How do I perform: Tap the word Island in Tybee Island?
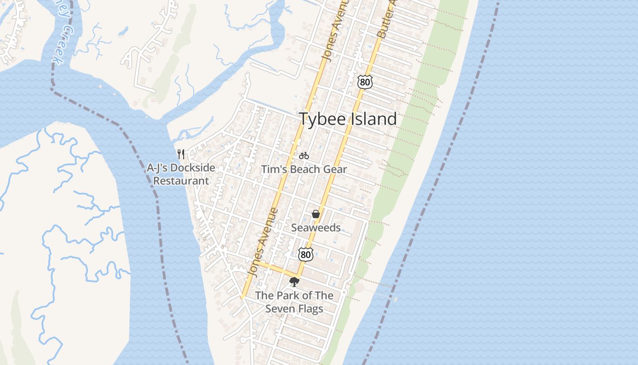[374, 119]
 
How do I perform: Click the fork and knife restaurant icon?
[181, 154]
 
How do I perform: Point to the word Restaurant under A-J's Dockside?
[181, 181]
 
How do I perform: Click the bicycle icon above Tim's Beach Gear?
[304, 156]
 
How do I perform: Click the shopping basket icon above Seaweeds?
[316, 214]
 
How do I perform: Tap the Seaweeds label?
[316, 227]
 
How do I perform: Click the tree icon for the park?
[294, 282]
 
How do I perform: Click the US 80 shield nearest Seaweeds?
[306, 255]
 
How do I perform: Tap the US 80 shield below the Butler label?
[365, 82]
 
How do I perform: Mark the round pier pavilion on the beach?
[360, 288]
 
